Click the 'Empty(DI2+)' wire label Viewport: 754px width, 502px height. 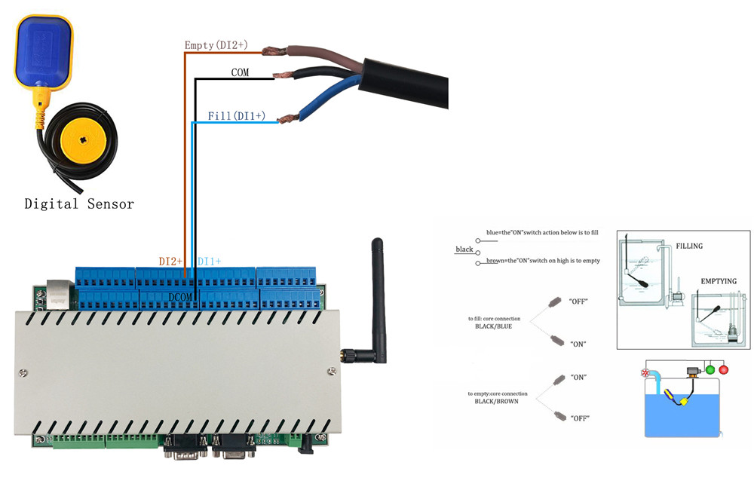click(x=216, y=46)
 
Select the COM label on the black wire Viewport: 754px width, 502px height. click(x=240, y=72)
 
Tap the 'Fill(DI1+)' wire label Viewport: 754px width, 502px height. click(x=237, y=116)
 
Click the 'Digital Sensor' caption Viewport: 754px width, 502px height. click(x=79, y=204)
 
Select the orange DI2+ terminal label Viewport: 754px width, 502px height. click(x=171, y=261)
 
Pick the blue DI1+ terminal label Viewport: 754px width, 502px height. click(x=209, y=261)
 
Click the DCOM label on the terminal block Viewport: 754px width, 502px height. click(x=182, y=297)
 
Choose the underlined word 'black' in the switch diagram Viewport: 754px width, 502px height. click(x=464, y=249)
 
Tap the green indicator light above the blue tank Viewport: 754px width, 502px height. click(x=710, y=369)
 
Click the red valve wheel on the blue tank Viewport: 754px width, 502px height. click(x=645, y=373)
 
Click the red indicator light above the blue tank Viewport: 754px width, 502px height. click(x=725, y=369)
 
